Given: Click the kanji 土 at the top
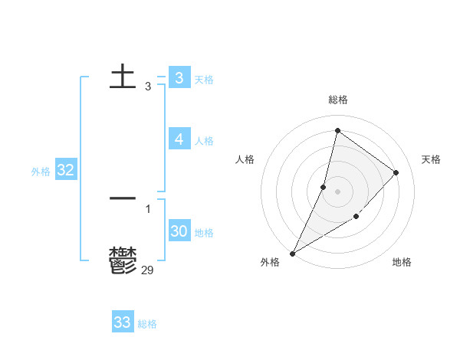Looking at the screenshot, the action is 123,77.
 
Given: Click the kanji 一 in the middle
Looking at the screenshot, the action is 123,198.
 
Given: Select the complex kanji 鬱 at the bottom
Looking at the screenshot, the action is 123,260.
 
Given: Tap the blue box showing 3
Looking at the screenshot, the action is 179,77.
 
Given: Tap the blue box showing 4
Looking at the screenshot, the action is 179,139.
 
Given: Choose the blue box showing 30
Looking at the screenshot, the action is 179,231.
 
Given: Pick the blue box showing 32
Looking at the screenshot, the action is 65,170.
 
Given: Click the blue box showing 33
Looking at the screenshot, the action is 122,322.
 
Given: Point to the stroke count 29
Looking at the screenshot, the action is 148,269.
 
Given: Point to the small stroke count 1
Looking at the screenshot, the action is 148,208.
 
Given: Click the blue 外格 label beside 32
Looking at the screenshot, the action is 41,172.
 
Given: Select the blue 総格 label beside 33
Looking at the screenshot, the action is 147,324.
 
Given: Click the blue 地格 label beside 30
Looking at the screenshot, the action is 204,233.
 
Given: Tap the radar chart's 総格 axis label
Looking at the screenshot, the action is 338,100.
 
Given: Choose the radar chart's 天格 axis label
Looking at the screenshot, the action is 431,159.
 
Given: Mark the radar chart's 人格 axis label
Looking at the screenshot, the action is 245,159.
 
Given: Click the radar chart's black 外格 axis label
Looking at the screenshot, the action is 270,262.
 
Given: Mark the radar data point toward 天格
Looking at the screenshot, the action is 396,172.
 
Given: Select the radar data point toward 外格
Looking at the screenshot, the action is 292,253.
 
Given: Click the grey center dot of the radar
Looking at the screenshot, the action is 338,191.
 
